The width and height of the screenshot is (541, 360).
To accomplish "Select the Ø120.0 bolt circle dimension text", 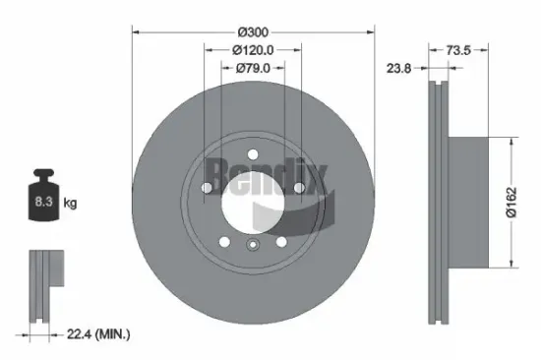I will (x=251, y=48).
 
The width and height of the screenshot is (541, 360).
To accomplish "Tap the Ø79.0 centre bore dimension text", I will (x=252, y=68).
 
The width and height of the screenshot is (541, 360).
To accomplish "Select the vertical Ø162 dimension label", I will (x=511, y=201).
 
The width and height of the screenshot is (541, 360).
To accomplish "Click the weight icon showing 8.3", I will (x=43, y=200).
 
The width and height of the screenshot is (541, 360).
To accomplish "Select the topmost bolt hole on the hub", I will (x=252, y=152).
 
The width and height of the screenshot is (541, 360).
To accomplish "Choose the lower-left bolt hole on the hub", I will (x=223, y=242).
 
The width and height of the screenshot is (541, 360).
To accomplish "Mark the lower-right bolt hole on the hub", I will (x=280, y=242).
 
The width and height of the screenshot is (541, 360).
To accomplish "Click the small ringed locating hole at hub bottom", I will (x=252, y=246).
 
